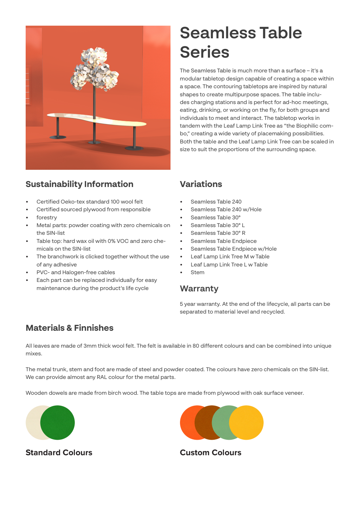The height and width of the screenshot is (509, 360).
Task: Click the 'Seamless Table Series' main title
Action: (240, 42)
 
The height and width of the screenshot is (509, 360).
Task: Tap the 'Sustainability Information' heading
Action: (79, 184)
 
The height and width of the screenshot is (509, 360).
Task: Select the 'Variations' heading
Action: (201, 184)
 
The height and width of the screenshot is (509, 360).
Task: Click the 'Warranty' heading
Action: (199, 289)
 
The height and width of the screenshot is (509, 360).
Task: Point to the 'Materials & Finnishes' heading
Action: (70, 328)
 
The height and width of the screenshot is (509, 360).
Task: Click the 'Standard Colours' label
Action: (59, 452)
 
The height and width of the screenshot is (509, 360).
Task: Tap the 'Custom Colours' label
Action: (210, 452)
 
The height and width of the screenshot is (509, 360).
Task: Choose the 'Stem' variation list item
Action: (197, 272)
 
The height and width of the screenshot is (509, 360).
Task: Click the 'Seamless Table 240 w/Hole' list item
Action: (226, 210)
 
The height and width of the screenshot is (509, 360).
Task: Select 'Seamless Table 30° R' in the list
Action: (218, 233)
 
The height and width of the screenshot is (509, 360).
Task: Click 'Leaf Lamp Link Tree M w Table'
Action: (230, 257)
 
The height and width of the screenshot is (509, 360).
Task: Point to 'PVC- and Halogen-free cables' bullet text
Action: (76, 272)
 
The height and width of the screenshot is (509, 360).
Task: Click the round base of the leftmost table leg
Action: (58, 137)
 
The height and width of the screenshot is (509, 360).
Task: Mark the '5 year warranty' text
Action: (200, 304)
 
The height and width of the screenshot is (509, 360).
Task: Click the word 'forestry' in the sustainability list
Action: (46, 218)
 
